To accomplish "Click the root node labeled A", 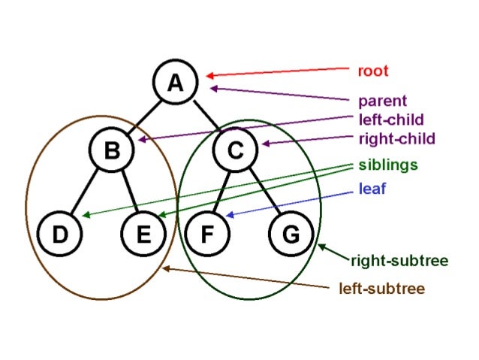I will pyautogui.click(x=175, y=82).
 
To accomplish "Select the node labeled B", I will pyautogui.click(x=112, y=151).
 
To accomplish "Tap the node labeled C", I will pyautogui.click(x=236, y=151).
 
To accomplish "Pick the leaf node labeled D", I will pyautogui.click(x=59, y=234).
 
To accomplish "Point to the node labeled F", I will pyautogui.click(x=205, y=234).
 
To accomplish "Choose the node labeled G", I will pyautogui.click(x=289, y=234).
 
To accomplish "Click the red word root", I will pyautogui.click(x=372, y=71).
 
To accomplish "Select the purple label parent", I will pyautogui.click(x=382, y=101).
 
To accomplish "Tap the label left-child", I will pyautogui.click(x=391, y=119).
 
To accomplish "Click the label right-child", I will pyautogui.click(x=396, y=138).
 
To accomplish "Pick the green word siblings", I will pyautogui.click(x=388, y=164).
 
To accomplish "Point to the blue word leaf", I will pyautogui.click(x=372, y=189).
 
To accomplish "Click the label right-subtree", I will pyautogui.click(x=399, y=261).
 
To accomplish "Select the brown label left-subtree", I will pyautogui.click(x=381, y=288).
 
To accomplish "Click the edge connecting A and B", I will pyautogui.click(x=143, y=116).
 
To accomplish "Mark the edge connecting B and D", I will pyautogui.click(x=86, y=193).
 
